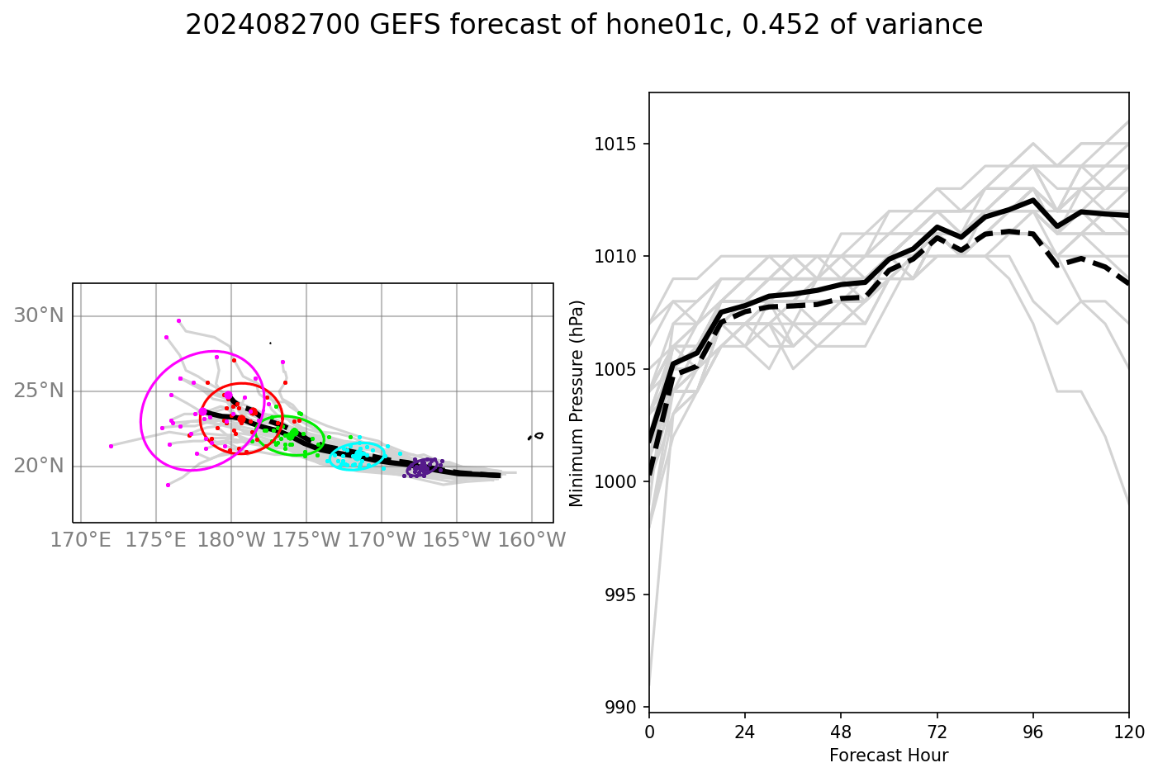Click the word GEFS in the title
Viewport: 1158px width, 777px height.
point(405,26)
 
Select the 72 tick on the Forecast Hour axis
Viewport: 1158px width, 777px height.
point(937,732)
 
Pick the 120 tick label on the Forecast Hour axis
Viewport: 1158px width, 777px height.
point(1128,732)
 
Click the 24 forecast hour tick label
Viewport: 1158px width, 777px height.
point(745,732)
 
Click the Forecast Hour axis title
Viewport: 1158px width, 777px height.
point(889,756)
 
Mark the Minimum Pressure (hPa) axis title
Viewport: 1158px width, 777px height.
point(577,403)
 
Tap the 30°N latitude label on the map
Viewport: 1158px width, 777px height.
point(39,315)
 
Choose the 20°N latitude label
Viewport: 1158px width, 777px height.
point(39,466)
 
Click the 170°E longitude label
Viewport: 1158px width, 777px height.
point(80,540)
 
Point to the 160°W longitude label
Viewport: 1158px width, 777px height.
point(531,540)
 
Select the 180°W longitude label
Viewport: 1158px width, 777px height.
point(230,540)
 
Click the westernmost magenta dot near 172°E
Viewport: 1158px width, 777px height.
point(111,446)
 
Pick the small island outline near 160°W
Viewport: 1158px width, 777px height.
point(538,435)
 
